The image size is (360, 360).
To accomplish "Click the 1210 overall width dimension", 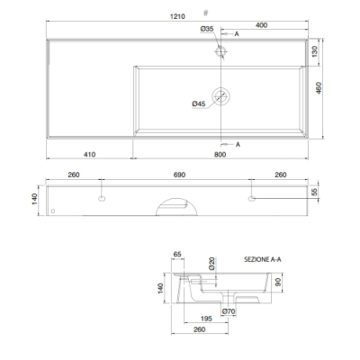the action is pos(177,16).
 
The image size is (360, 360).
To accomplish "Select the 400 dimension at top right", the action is pos(261,25).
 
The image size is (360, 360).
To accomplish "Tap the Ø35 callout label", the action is pos(207,29).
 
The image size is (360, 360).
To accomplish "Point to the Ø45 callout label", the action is pos(199,103).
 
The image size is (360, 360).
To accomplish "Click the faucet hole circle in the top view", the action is pos(221,51).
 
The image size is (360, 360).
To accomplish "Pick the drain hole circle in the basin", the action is pos(221,96).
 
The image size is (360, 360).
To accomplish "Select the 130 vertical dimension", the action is pos(315,51).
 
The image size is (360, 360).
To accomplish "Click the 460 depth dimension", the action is pos(319,88).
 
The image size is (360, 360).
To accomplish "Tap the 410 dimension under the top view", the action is pos(89,155).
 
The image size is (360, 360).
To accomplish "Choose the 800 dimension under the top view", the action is pos(220,155).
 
